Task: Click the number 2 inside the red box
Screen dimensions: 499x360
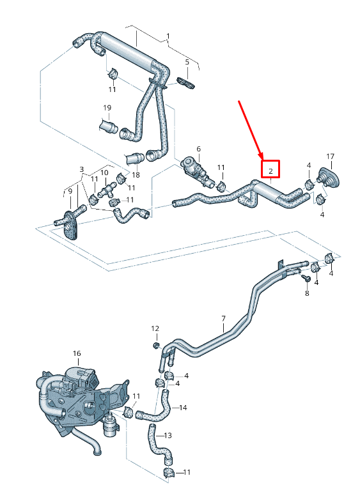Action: coord(270,171)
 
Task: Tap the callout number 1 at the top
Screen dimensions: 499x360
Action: coord(168,36)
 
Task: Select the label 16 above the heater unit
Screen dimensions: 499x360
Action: coord(77,353)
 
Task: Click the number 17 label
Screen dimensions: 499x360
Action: coord(331,157)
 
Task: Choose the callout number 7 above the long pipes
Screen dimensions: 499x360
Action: coord(224,318)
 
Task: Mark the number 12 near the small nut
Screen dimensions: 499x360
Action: coord(155,328)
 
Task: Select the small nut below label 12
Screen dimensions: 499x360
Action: coord(156,346)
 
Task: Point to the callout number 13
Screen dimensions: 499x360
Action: coord(168,436)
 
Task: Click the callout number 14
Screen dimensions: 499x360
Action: coord(183,408)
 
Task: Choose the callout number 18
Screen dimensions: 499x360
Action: coord(136,175)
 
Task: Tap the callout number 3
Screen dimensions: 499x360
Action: coord(81,169)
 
